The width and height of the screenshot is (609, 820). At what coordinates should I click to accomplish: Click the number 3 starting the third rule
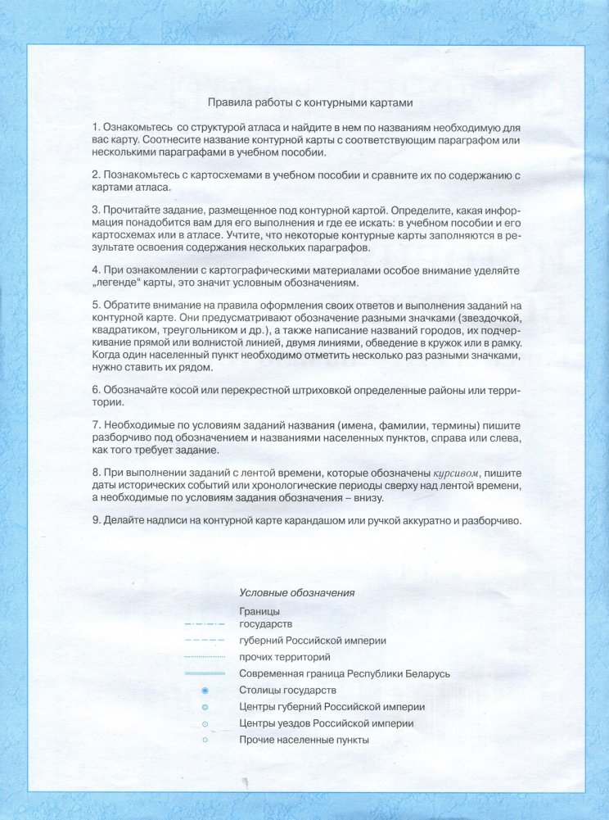pos(95,210)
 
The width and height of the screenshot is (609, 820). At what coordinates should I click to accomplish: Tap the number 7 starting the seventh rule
pos(95,427)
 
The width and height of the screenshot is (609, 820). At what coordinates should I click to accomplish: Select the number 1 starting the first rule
pos(95,129)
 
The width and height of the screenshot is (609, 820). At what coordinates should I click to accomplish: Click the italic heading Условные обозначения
pos(296,592)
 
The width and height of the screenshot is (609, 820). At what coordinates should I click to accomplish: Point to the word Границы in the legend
pos(259,612)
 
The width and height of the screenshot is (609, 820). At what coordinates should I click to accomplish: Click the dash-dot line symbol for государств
pos(204,625)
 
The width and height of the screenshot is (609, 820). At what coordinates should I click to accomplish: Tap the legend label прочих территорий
pos(284,657)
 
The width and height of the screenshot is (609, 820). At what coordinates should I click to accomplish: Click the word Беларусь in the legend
pos(426,673)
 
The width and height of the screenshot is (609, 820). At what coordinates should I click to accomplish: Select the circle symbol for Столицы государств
pos(205,691)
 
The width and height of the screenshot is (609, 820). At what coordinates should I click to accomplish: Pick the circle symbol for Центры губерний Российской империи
pos(205,707)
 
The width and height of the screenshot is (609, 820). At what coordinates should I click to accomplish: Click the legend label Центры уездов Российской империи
pos(326,723)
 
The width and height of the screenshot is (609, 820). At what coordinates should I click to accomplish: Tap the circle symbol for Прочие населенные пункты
pos(205,740)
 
